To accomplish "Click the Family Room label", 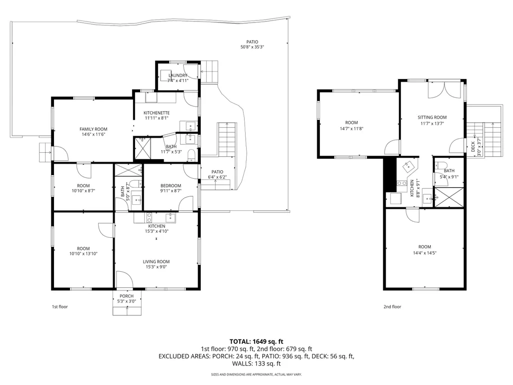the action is coord(93,129).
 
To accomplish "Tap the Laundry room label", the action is coord(178,75).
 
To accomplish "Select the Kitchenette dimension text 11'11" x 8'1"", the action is coord(157,118).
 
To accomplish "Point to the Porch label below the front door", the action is coord(127,296).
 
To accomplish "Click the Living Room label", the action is coord(156,261).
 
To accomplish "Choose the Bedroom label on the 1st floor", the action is coord(171,186).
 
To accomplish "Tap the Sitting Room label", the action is coord(432,117).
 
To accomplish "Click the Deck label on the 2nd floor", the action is coord(473,147).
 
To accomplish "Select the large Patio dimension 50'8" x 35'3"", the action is coord(252,47).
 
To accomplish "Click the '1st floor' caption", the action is coord(60,307).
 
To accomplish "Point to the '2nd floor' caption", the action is coord(392,307).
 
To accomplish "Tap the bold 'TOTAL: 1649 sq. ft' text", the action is coord(256,342).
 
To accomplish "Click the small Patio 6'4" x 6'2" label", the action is coord(218,174).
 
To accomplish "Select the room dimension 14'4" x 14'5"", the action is coord(425,253).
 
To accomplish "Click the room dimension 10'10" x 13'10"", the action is coord(84,253).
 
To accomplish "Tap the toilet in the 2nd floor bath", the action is coord(442,165).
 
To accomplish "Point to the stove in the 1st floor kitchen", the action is coord(149,217).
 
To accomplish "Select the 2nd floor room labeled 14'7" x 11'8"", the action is coord(358,124).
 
